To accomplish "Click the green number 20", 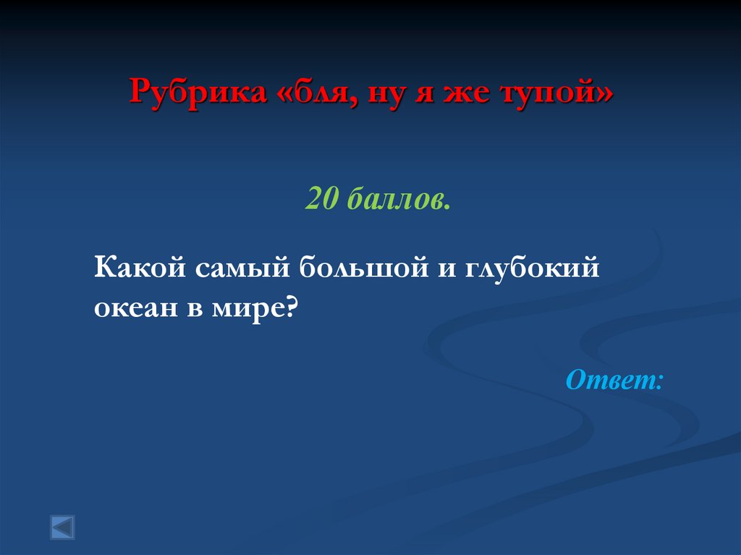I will pos(322,198).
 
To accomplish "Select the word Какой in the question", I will pos(137,270).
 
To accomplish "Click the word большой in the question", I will pos(357,270).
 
